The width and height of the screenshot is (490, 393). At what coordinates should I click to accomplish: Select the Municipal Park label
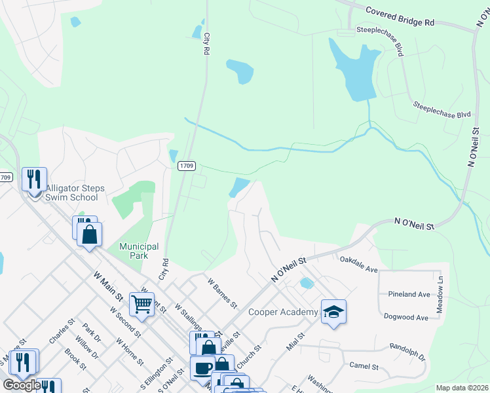[x=139, y=251]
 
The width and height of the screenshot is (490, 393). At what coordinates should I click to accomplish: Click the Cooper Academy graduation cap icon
[x=333, y=312]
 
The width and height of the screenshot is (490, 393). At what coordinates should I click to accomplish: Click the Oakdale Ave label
[x=358, y=264]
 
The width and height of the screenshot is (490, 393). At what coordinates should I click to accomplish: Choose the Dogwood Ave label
[x=407, y=318]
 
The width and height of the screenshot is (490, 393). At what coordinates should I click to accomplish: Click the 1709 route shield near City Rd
[x=187, y=166]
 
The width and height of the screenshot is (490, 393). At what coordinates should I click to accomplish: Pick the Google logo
[x=22, y=385]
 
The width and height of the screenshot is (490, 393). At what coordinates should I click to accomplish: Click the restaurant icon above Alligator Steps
[x=33, y=178]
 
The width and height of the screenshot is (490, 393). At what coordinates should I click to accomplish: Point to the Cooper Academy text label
[x=283, y=312]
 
